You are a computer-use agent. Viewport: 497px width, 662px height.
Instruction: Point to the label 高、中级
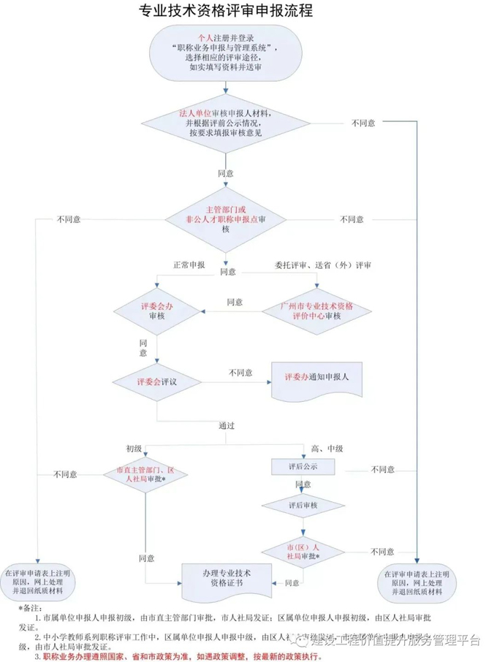326,448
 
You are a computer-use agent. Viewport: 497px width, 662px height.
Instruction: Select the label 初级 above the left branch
133,448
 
